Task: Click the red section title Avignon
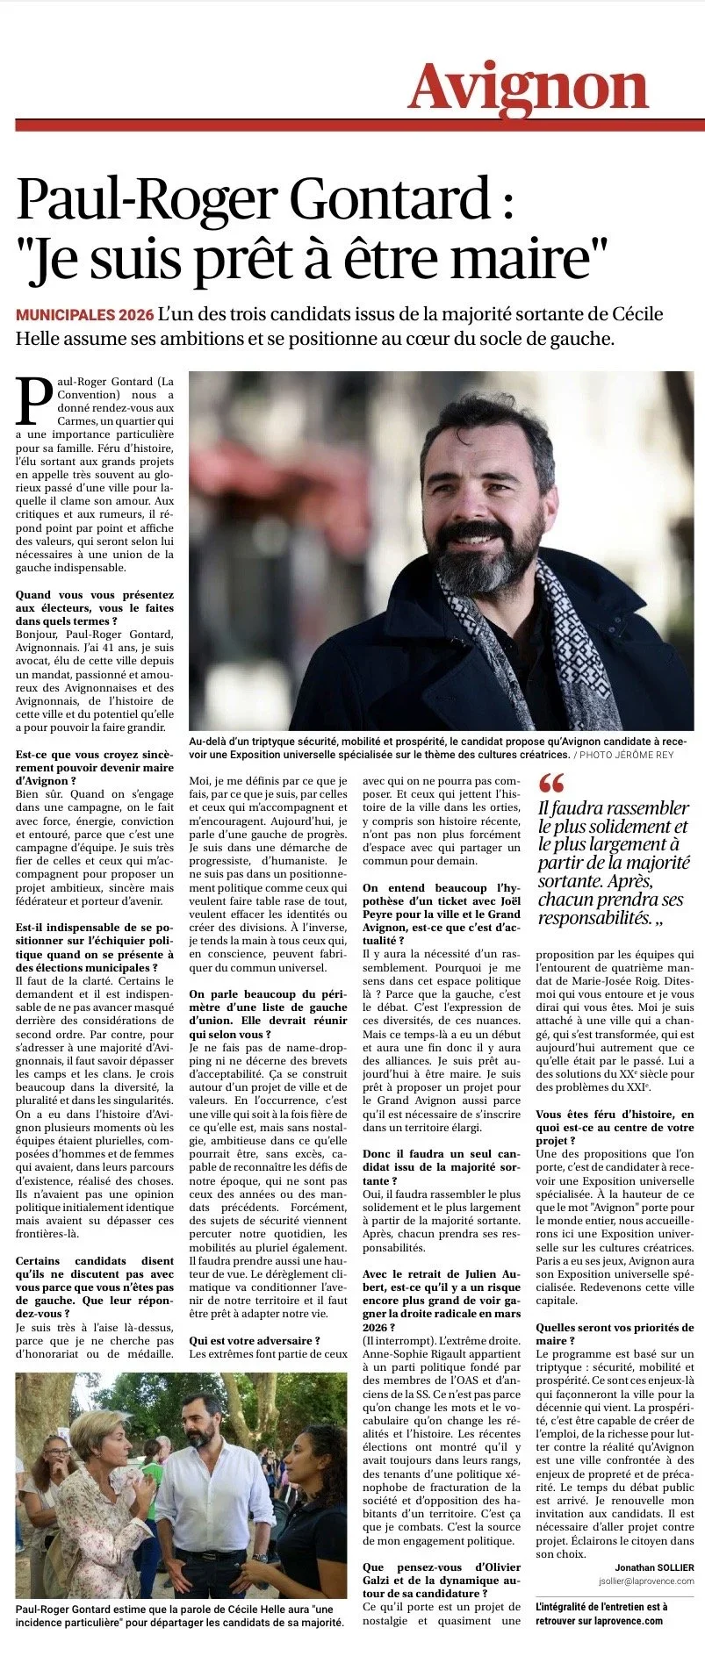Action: click(x=528, y=89)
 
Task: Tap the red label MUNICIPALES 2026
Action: click(x=84, y=315)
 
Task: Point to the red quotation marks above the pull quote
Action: click(x=551, y=783)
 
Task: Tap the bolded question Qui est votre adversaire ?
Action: click(x=255, y=1340)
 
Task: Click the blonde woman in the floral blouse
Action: click(x=97, y=1492)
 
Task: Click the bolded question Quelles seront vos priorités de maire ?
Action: click(x=615, y=1334)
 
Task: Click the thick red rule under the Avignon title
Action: click(x=360, y=125)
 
